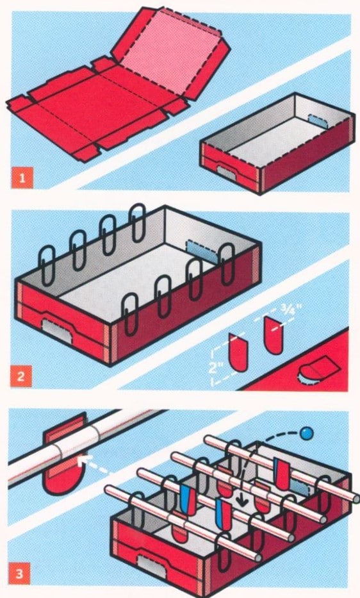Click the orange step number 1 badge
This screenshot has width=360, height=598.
point(22,178)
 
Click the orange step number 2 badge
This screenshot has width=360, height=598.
point(21,376)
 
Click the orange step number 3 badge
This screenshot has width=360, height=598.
point(19,573)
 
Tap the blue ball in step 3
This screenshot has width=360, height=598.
point(306,433)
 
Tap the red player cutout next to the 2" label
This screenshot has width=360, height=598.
point(238,352)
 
